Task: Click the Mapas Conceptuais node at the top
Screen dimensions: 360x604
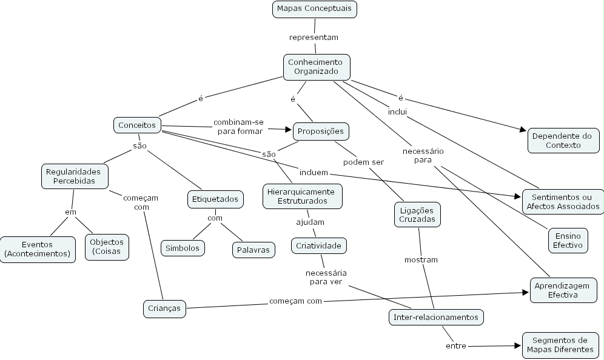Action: click(x=314, y=9)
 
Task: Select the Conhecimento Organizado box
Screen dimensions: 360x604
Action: click(x=316, y=67)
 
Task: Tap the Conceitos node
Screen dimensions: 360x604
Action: click(x=137, y=125)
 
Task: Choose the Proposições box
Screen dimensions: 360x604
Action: click(x=321, y=131)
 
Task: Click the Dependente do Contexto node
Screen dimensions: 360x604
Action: click(x=563, y=141)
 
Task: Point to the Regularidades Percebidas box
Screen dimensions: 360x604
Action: click(x=75, y=176)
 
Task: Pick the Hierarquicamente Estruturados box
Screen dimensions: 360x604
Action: click(x=302, y=196)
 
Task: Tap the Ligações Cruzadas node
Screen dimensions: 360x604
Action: click(x=417, y=215)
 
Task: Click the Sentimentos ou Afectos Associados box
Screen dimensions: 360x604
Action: click(x=563, y=202)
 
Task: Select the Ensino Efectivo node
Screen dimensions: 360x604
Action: click(x=567, y=241)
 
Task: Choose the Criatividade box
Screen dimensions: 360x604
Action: click(x=319, y=245)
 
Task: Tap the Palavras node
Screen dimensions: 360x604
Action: click(x=253, y=249)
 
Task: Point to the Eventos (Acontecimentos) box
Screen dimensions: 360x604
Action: click(x=38, y=249)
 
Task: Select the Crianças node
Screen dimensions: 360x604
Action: click(x=164, y=308)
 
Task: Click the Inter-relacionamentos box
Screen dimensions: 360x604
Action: click(x=435, y=317)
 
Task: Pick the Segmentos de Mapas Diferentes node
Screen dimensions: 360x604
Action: click(x=559, y=345)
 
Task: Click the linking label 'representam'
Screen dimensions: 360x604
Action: click(x=314, y=37)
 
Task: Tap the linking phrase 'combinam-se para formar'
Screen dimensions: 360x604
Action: click(x=238, y=126)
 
